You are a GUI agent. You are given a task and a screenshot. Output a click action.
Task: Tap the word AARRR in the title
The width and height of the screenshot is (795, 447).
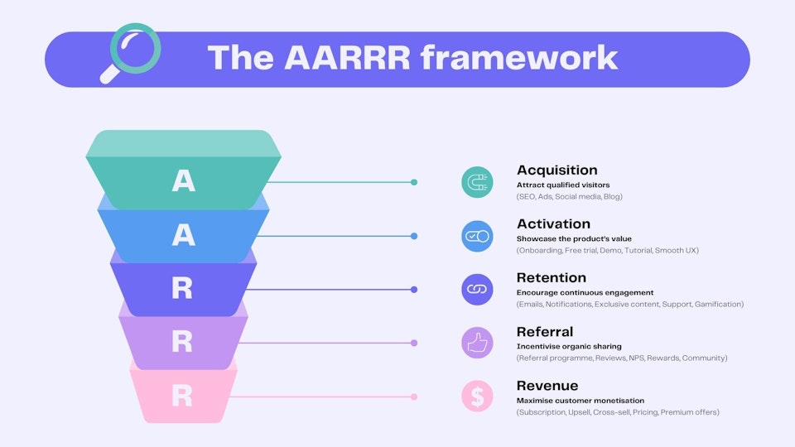(x=344, y=57)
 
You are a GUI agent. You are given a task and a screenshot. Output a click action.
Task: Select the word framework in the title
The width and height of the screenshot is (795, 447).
(x=519, y=57)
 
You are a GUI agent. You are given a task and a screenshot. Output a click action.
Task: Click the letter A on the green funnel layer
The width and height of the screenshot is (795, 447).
(x=183, y=181)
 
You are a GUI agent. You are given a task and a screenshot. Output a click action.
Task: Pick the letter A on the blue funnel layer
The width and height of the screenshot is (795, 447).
(x=183, y=236)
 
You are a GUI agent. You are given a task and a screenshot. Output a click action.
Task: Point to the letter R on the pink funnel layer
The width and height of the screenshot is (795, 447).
(x=182, y=396)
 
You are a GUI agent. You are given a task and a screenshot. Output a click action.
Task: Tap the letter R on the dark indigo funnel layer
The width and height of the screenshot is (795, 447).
(x=182, y=289)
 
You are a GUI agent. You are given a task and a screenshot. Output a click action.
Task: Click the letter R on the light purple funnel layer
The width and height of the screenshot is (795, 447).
(x=182, y=342)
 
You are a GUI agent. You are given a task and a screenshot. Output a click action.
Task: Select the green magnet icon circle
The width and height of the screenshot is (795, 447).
(x=477, y=182)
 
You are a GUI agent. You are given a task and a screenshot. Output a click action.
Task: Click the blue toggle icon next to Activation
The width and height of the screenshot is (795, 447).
(x=477, y=236)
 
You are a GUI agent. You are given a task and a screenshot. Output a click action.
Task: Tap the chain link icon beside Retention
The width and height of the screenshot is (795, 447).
(x=477, y=289)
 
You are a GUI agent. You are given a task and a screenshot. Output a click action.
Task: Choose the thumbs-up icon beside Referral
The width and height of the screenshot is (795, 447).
(x=477, y=343)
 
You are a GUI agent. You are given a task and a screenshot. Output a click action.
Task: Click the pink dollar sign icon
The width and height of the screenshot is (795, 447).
(x=477, y=397)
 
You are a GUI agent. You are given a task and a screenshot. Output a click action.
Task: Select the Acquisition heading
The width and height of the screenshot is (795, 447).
(x=556, y=171)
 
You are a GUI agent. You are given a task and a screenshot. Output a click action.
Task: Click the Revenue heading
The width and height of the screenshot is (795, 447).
(x=547, y=386)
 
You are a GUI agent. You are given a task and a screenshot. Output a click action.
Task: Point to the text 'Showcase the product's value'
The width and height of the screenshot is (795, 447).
(x=574, y=238)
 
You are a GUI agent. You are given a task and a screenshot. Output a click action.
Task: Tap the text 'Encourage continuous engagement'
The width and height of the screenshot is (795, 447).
(x=585, y=292)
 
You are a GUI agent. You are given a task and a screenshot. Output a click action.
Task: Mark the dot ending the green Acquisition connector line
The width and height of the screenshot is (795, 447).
(x=414, y=182)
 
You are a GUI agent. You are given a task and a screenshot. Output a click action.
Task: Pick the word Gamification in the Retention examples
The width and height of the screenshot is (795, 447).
(x=718, y=305)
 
